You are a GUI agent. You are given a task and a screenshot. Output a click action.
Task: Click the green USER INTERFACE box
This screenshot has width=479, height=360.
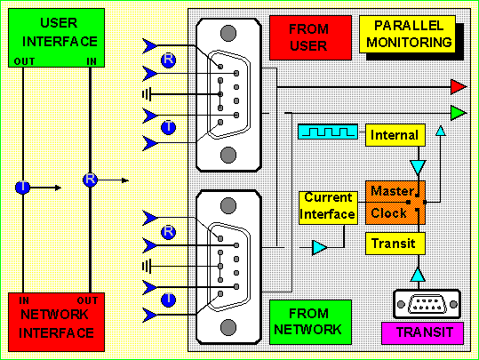(56, 38)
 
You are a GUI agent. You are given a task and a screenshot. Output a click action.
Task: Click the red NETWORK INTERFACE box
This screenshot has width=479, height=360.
(56, 322)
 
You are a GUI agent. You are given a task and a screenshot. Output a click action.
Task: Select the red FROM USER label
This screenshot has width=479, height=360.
(310, 37)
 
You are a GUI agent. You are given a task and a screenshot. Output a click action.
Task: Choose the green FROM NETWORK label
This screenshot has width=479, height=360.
(310, 322)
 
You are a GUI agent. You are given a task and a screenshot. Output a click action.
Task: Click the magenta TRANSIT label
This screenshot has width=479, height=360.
(422, 332)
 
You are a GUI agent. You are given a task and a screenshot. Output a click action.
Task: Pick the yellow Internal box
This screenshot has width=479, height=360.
(395, 135)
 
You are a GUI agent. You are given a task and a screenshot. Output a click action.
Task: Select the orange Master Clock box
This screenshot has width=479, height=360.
(395, 203)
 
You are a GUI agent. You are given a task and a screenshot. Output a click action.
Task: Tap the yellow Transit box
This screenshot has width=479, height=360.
(395, 244)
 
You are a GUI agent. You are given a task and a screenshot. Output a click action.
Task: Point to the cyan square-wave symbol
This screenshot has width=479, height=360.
(328, 132)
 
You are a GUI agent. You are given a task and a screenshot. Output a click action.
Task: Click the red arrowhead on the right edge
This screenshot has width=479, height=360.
(459, 87)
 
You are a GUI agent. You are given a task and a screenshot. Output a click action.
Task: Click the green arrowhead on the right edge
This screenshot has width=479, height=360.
(459, 113)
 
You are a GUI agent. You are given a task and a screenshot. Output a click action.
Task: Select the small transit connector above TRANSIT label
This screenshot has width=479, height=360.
(427, 304)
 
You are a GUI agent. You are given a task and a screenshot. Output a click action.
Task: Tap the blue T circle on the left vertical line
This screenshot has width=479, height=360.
(22, 187)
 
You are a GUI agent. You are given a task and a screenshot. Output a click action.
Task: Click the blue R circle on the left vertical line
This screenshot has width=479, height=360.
(90, 180)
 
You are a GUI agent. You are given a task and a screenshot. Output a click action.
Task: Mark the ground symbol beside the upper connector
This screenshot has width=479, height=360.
(147, 94)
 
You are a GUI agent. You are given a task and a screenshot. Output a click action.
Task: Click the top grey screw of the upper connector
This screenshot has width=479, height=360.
(228, 33)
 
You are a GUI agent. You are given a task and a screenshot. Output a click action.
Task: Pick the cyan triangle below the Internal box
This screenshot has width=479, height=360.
(418, 167)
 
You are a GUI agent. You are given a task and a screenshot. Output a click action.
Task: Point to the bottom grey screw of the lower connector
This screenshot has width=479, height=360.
(228, 327)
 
